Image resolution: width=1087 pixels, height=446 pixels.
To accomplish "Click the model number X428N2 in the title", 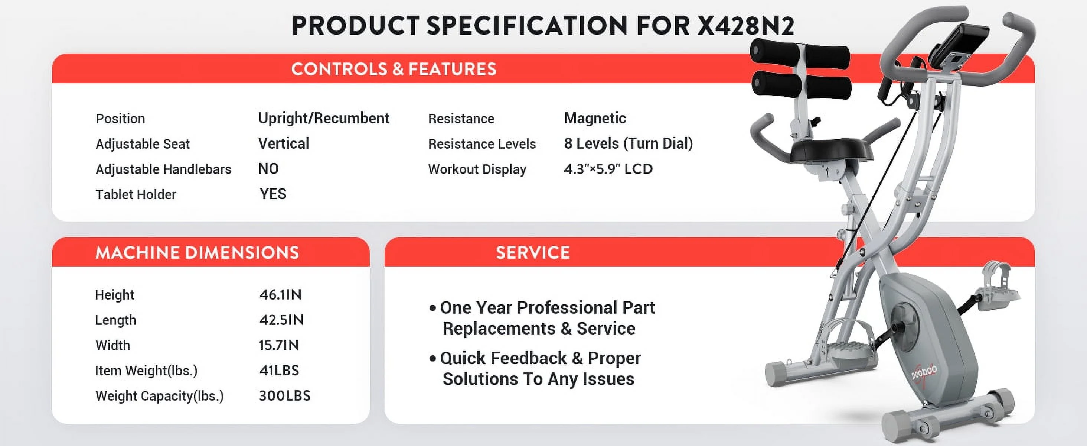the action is pos(745,26).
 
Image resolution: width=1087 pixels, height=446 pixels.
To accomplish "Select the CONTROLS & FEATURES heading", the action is pos(394,69).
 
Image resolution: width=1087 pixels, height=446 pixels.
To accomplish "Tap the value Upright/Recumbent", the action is pos(324,118).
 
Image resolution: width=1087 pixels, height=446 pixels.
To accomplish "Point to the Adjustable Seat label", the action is pos(143,144).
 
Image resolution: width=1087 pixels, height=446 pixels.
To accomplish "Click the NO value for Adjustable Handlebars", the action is pos(268,169).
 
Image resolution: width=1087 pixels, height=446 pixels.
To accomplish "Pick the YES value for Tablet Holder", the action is pos(273,194).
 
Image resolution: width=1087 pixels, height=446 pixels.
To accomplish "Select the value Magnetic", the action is pos(595,118).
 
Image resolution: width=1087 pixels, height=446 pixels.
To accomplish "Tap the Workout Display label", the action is pos(477,169).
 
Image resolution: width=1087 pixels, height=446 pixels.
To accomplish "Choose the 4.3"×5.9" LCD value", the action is pos(608,169).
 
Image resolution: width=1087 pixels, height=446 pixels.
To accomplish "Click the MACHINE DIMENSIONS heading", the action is pos(197,253).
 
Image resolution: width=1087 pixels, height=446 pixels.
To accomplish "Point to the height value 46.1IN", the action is pos(281,294).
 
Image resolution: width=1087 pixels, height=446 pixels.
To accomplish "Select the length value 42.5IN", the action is pos(281,320).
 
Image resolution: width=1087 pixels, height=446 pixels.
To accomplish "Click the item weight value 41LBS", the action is pos(279,371).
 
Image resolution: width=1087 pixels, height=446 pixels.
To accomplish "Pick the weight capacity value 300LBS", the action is pos(285,396).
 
